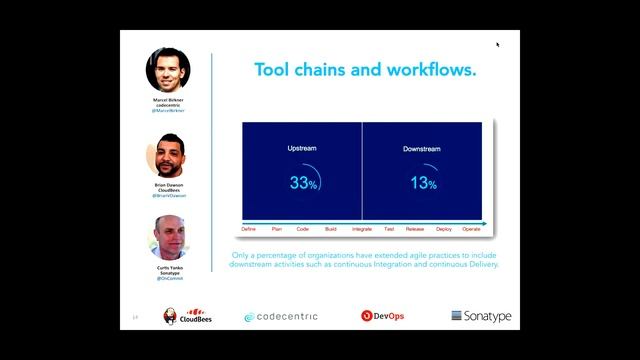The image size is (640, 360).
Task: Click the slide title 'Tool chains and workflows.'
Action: pyautogui.click(x=365, y=71)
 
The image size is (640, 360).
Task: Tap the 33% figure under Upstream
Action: pyautogui.click(x=303, y=183)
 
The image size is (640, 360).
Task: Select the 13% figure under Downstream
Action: pyautogui.click(x=423, y=183)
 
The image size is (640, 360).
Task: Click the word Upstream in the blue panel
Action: pyautogui.click(x=302, y=149)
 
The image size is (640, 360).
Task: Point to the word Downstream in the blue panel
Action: pyautogui.click(x=422, y=149)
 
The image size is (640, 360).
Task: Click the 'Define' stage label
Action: pyautogui.click(x=249, y=229)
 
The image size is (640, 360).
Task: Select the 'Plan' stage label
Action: pyautogui.click(x=277, y=229)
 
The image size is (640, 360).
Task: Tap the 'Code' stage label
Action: pyautogui.click(x=303, y=229)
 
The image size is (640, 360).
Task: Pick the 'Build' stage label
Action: pyautogui.click(x=331, y=229)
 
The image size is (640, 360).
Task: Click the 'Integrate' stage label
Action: pyautogui.click(x=362, y=229)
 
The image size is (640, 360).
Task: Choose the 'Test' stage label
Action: pyautogui.click(x=389, y=229)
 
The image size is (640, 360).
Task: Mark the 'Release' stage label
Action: pyautogui.click(x=415, y=229)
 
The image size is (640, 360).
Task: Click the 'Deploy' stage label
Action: pyautogui.click(x=444, y=229)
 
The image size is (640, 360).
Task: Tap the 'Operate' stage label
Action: pyautogui.click(x=472, y=229)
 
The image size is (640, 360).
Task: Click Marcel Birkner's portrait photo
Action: pyautogui.click(x=169, y=69)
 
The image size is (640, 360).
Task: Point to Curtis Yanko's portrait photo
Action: pyautogui.click(x=169, y=238)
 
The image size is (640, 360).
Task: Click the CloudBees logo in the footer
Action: pyautogui.click(x=186, y=317)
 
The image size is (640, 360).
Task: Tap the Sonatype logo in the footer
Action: pyautogui.click(x=481, y=316)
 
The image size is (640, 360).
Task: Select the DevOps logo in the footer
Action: pyautogui.click(x=383, y=316)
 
